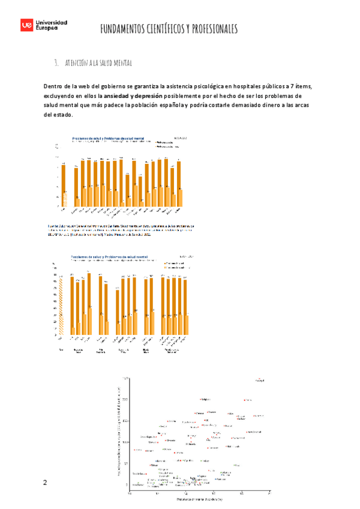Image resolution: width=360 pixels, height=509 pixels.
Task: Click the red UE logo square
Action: (27, 25)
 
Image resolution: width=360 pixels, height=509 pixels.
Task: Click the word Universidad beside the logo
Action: (52, 22)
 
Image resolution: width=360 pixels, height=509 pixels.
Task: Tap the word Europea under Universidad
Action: (48, 28)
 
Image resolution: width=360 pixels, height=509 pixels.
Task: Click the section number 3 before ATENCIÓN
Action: (55, 62)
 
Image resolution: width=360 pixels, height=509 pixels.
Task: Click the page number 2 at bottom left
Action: (44, 483)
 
